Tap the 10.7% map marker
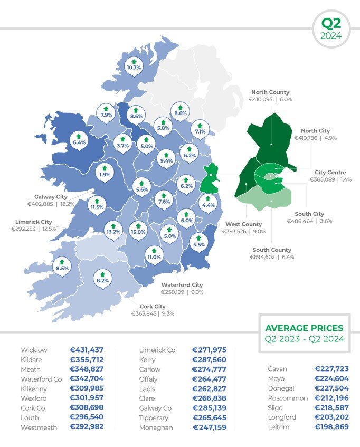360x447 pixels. [134, 66]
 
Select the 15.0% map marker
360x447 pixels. [138, 230]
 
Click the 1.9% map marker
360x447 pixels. [105, 173]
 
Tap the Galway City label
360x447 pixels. [47, 197]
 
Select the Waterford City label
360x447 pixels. [182, 284]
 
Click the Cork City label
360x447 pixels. [153, 306]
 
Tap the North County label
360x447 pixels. [270, 92]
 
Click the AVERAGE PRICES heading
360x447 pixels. [304, 328]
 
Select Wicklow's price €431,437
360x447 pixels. [87, 350]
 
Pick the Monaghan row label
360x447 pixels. [156, 427]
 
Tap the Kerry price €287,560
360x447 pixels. [209, 360]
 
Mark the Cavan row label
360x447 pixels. [277, 369]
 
